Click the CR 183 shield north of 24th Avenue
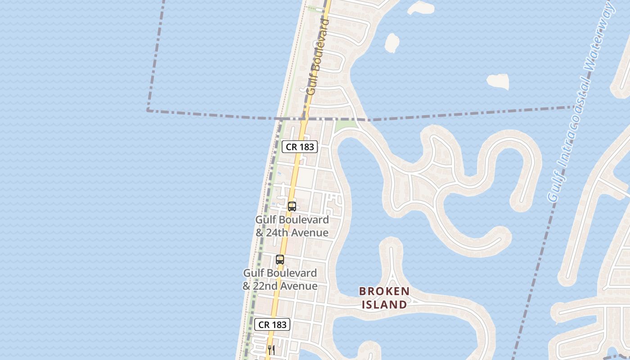point(300,147)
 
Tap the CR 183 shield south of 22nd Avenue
point(272,324)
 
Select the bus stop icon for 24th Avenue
point(292,207)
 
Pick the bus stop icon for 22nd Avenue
point(280,260)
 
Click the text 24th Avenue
point(297,233)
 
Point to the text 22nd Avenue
point(286,286)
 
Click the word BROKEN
point(384,292)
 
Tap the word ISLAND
point(384,305)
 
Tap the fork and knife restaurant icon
point(271,350)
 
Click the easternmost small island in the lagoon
point(498,81)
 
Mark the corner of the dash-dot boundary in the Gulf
point(148,110)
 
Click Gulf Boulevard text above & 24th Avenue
point(292,220)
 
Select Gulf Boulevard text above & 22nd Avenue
point(280,273)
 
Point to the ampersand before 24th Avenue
point(260,233)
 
